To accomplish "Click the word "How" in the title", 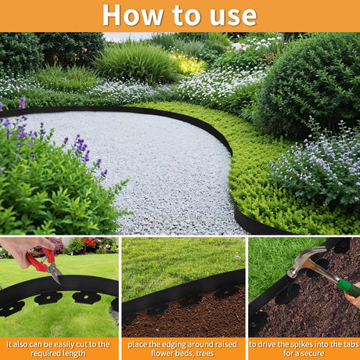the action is pyautogui.click(x=133, y=16).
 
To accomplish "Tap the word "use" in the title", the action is pyautogui.click(x=233, y=16).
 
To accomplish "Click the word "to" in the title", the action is pyautogui.click(x=186, y=16).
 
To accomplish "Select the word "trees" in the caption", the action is pyautogui.click(x=204, y=354).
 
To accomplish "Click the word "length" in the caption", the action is pyautogui.click(x=74, y=354).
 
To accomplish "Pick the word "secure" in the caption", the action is pyautogui.click(x=312, y=354).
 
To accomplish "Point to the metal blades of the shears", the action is pyautogui.click(x=56, y=272).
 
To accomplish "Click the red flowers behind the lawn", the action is pyautogui.click(x=88, y=243).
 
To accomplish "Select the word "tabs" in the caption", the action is pyautogui.click(x=351, y=344).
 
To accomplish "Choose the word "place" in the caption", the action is pyautogui.click(x=136, y=344).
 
